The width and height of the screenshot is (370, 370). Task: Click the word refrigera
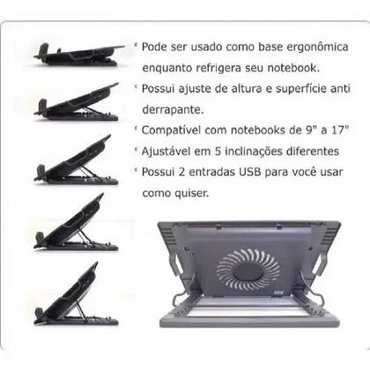point(227,68)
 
